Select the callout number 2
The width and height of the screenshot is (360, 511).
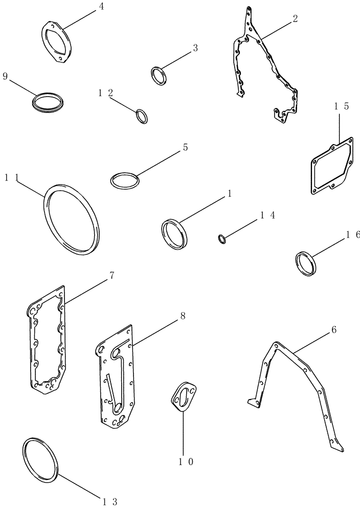pyautogui.click(x=295, y=19)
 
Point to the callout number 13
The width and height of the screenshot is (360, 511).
pyautogui.click(x=112, y=501)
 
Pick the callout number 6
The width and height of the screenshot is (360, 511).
pyautogui.click(x=333, y=330)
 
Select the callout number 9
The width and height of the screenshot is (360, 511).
pyautogui.click(x=5, y=76)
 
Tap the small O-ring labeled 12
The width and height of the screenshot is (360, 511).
pyautogui.click(x=142, y=117)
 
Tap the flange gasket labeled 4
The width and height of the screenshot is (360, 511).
pyautogui.click(x=56, y=41)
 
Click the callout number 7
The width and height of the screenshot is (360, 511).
pyautogui.click(x=111, y=276)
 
